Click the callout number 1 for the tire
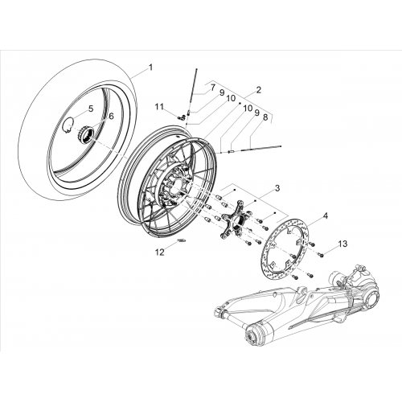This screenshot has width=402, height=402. tap(150, 68)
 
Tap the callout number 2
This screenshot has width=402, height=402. tap(258, 90)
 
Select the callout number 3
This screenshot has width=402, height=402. tap(277, 188)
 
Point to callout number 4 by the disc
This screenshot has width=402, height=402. tap(326, 215)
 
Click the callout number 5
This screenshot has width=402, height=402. tap(91, 109)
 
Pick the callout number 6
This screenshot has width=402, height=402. tap(111, 116)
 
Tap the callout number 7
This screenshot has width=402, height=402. tap(212, 88)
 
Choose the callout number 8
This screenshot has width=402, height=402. tap(265, 118)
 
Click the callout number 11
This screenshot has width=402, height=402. tap(159, 107)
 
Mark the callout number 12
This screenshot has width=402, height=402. tap(159, 252)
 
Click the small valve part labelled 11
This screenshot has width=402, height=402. tap(182, 117)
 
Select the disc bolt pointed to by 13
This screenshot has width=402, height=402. tap(322, 256)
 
